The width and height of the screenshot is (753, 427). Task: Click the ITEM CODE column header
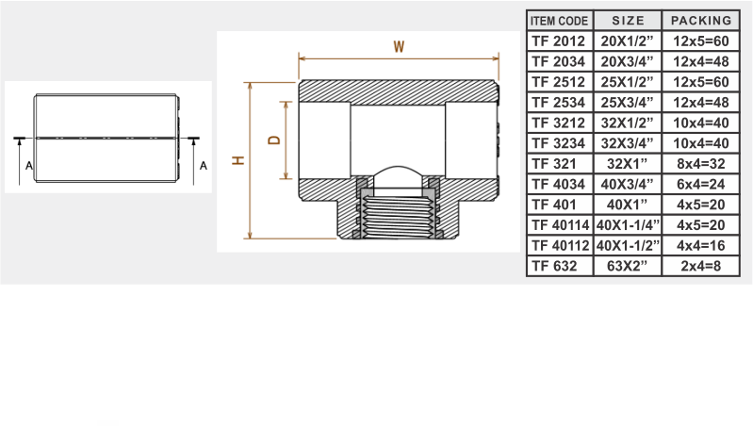tap(559, 21)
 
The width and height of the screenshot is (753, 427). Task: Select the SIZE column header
tap(629, 21)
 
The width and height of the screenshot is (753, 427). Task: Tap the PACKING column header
tap(701, 21)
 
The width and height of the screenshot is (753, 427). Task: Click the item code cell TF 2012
tap(559, 41)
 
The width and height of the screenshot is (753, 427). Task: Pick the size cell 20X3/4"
tap(627, 61)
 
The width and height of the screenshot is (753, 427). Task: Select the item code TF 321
tap(554, 164)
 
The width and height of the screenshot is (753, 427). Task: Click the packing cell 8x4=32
tap(701, 164)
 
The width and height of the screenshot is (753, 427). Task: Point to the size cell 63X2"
tap(627, 266)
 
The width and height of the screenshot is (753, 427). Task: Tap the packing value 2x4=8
tap(701, 266)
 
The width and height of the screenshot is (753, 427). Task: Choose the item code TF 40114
tap(561, 224)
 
